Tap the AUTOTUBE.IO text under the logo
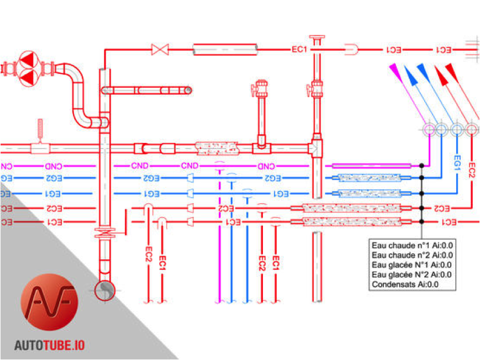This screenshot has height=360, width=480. (x=50, y=346)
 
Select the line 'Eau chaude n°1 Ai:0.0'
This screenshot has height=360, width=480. (x=413, y=245)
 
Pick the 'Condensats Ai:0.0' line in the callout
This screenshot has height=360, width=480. (x=405, y=285)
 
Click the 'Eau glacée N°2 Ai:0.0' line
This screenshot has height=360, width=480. (x=413, y=275)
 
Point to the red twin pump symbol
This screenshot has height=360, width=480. (x=27, y=68)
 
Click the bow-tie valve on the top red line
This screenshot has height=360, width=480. (x=160, y=50)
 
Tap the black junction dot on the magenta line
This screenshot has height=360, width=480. (x=421, y=165)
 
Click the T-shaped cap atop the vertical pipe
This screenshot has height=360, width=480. (x=317, y=38)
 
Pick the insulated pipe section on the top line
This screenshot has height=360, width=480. (x=225, y=50)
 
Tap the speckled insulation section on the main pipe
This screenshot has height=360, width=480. (x=217, y=148)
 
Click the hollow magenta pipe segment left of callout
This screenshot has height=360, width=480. (x=371, y=165)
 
